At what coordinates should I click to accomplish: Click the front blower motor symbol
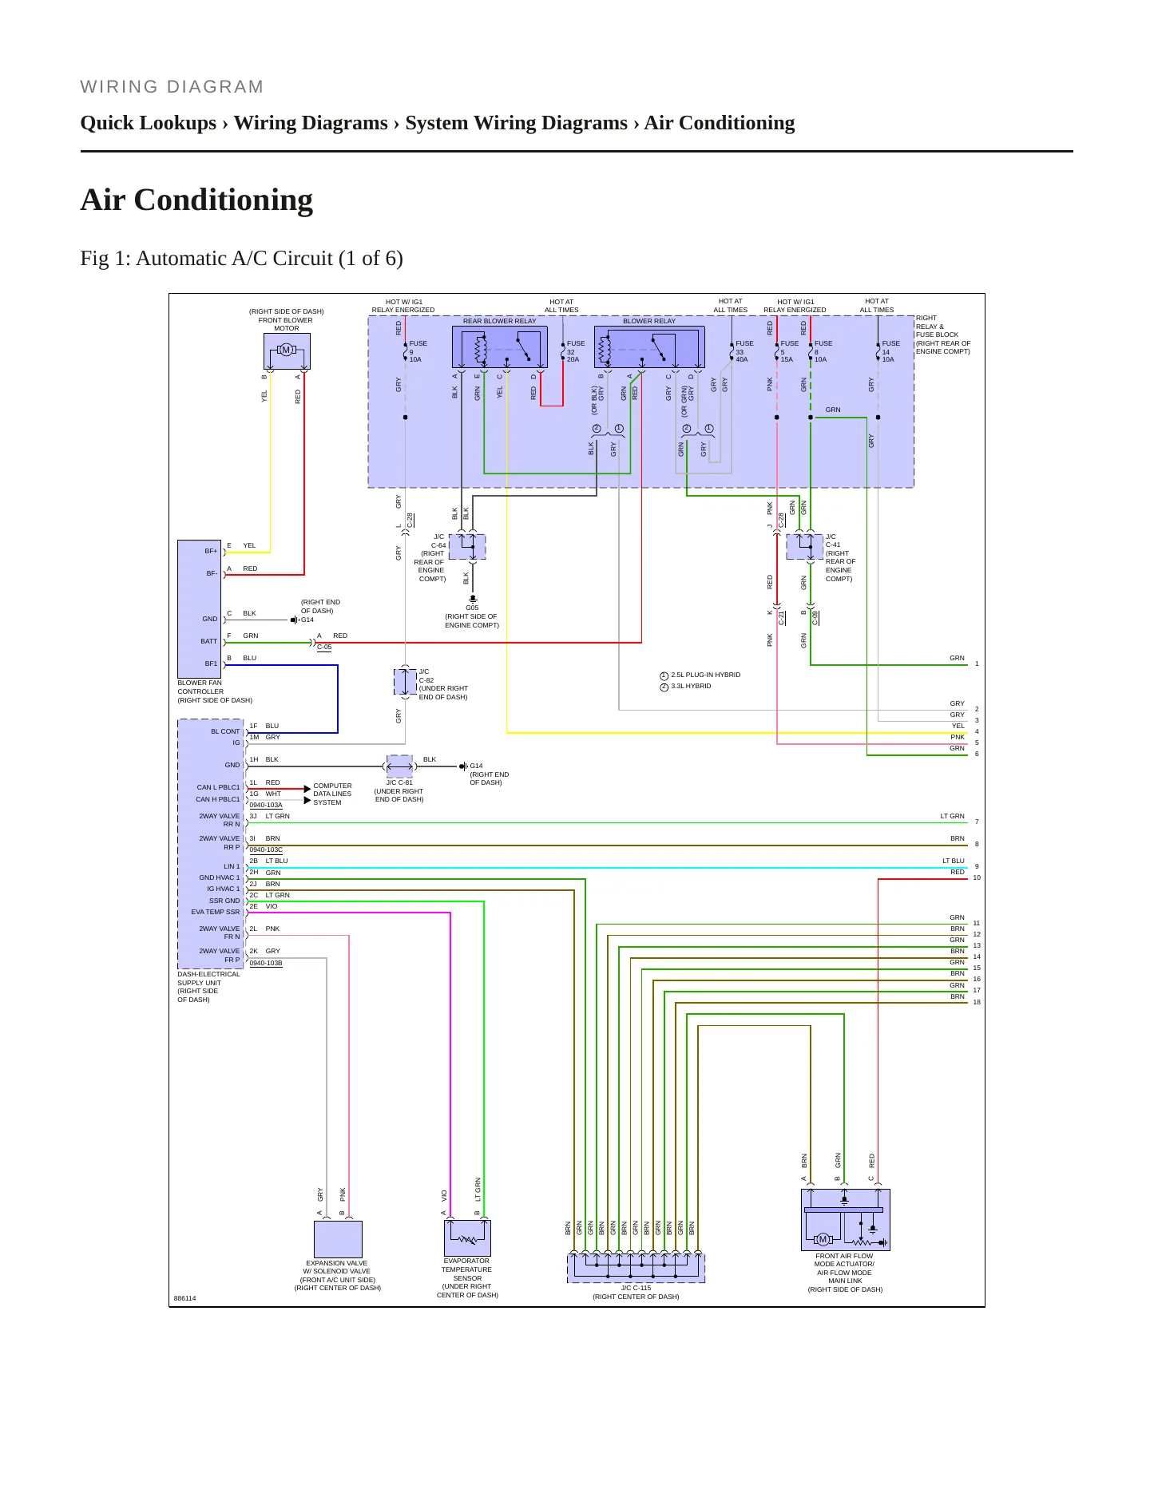(287, 351)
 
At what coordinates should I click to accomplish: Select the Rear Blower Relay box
(500, 347)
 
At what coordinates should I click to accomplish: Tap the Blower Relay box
(649, 347)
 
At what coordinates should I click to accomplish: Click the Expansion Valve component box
(338, 1239)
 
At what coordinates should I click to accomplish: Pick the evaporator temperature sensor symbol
(467, 1238)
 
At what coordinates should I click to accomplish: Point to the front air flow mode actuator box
(846, 1220)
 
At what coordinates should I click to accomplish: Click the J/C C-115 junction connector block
(636, 1268)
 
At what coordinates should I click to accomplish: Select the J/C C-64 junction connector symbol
(467, 547)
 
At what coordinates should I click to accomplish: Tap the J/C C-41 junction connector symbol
(805, 547)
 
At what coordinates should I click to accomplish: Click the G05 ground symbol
(473, 598)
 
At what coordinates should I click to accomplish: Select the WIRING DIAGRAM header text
(172, 87)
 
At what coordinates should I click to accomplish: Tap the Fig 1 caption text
(241, 259)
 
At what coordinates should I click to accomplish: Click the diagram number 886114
(184, 1298)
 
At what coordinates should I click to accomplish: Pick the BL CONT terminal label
(225, 731)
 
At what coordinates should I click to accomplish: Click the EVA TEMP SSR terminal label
(216, 912)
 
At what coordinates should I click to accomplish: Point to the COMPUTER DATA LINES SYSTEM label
(332, 794)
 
